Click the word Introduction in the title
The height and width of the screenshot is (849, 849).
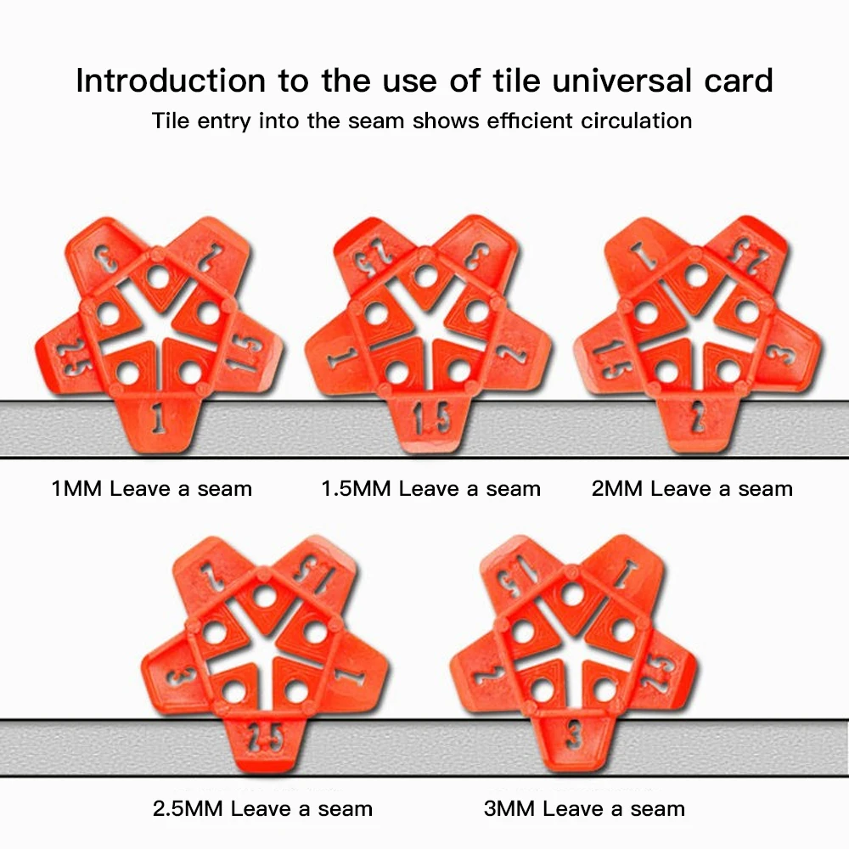[x=170, y=81]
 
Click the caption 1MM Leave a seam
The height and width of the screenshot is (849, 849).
[x=152, y=489]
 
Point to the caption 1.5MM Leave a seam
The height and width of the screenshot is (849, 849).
[x=430, y=489]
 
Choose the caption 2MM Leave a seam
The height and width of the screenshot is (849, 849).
[x=692, y=489]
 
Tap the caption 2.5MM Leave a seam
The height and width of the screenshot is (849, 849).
[x=262, y=808]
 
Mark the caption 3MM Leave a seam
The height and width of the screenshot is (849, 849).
[x=584, y=808]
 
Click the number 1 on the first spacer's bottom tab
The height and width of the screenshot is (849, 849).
[x=159, y=418]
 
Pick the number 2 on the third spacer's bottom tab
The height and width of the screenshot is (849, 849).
[x=696, y=418]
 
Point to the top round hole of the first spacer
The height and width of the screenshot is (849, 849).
[x=158, y=277]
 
